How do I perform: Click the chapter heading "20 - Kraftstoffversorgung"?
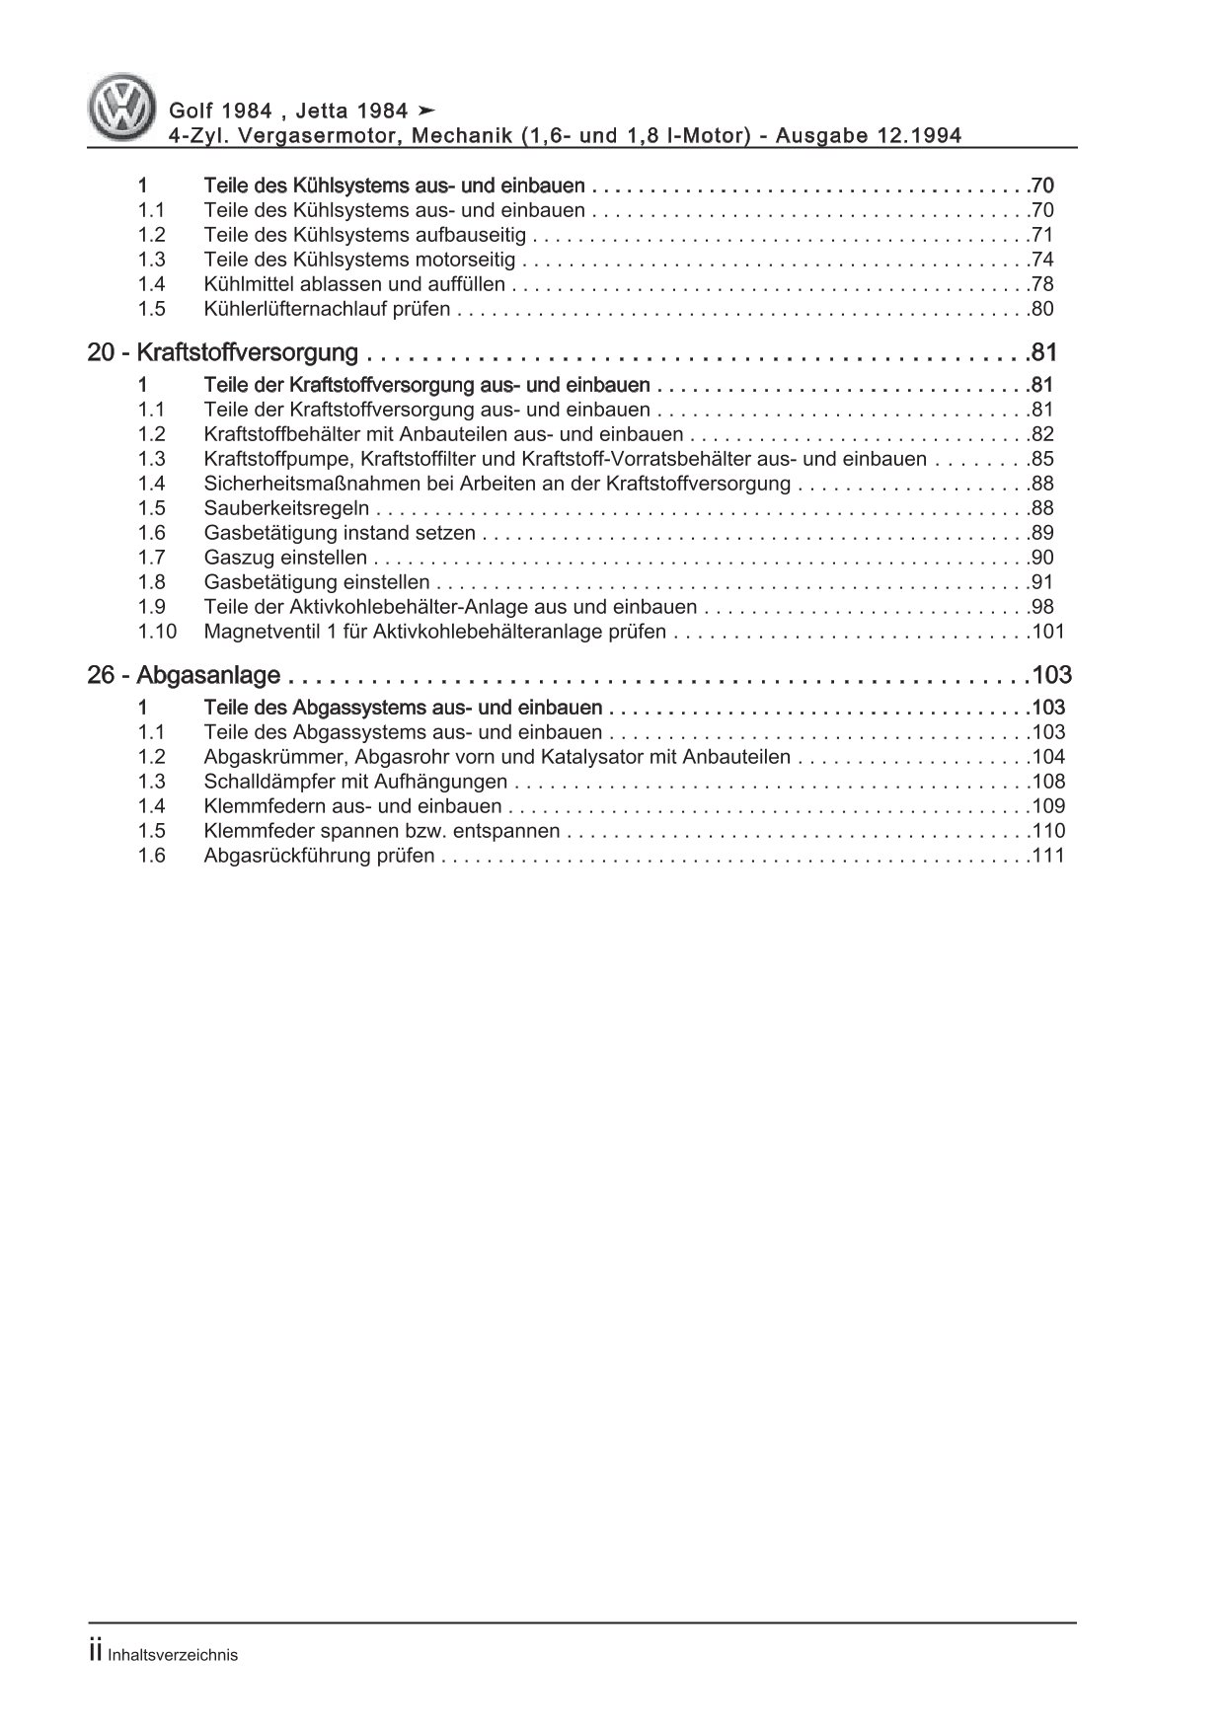tap(222, 352)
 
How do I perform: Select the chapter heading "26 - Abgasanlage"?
tap(184, 675)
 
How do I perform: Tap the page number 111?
tap(1046, 856)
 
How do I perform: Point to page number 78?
tap(1040, 284)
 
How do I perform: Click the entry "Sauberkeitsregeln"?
tap(286, 508)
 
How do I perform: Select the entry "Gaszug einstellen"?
tap(285, 558)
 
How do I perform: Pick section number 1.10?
tap(157, 632)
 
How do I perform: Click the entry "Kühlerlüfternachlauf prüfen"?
tap(327, 309)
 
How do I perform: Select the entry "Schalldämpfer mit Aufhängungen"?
tap(355, 782)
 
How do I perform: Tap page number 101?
tap(1046, 632)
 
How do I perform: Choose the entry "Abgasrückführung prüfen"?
tap(319, 856)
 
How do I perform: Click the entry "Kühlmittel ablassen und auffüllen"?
tap(354, 284)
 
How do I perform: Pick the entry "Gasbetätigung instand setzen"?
tap(340, 533)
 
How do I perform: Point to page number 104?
tap(1046, 757)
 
